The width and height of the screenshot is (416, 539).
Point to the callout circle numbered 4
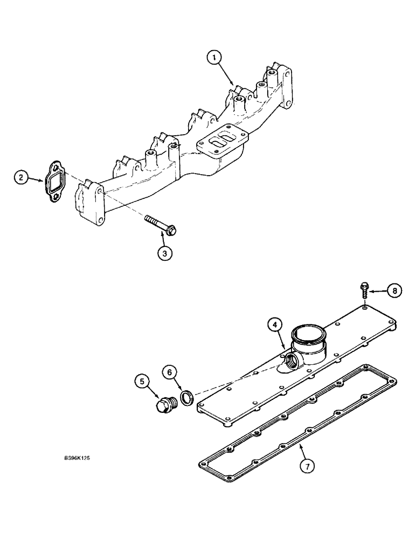click(275, 325)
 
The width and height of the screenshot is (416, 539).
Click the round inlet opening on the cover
click(309, 334)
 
